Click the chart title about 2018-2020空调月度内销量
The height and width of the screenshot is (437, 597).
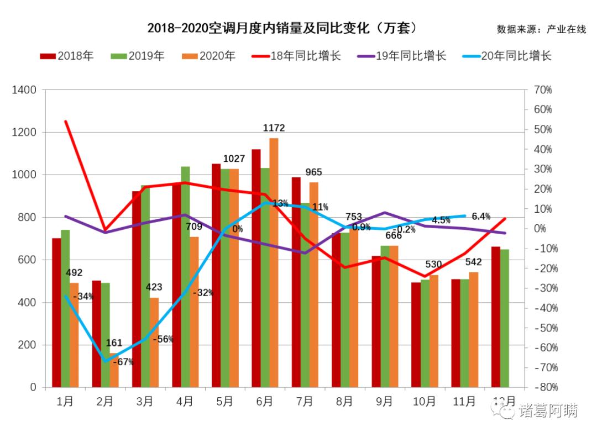pyautogui.click(x=282, y=28)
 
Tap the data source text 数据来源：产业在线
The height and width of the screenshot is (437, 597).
pyautogui.click(x=541, y=29)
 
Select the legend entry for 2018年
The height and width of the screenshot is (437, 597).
pyautogui.click(x=66, y=56)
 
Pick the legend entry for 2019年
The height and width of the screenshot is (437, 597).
pyautogui.click(x=138, y=56)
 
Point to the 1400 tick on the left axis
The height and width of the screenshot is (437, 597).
pyautogui.click(x=25, y=90)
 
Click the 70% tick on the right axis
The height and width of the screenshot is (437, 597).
pyautogui.click(x=543, y=90)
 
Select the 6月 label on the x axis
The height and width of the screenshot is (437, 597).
pyautogui.click(x=264, y=402)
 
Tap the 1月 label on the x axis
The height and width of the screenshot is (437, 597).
pyautogui.click(x=65, y=402)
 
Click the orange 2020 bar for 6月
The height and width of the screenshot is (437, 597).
pyautogui.click(x=274, y=262)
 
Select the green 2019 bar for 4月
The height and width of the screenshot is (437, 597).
pyautogui.click(x=185, y=276)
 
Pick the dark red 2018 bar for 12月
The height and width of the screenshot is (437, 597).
pyautogui.click(x=496, y=317)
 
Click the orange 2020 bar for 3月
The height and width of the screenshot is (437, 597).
pyautogui.click(x=154, y=343)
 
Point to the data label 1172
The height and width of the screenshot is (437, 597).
pyautogui.click(x=274, y=128)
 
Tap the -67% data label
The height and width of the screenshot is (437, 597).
pyautogui.click(x=123, y=362)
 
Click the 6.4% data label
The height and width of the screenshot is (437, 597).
pyautogui.click(x=481, y=216)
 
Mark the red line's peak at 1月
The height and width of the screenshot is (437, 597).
pyautogui.click(x=66, y=122)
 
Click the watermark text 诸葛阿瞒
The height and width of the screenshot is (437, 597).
pyautogui.click(x=547, y=412)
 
